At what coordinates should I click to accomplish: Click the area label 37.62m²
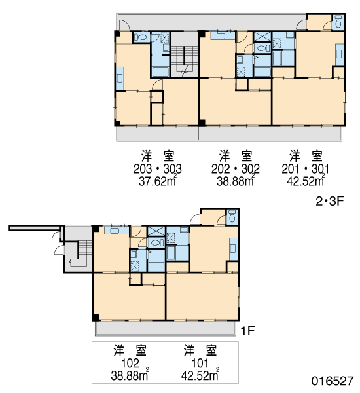tap(158, 181)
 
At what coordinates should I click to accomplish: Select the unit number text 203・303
tap(157, 169)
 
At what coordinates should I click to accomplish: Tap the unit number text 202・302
tap(235, 169)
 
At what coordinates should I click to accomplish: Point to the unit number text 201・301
tap(305, 169)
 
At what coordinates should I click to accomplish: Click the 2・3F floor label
tap(329, 201)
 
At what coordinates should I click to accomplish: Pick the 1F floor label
tap(248, 331)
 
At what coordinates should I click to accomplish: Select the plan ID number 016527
tap(333, 381)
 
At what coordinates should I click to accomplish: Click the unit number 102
tap(130, 363)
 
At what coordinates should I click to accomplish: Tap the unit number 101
tap(200, 363)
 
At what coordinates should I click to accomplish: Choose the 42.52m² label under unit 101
tap(200, 375)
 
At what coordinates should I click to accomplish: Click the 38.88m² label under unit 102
tap(130, 375)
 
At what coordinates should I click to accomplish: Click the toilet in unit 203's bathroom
tap(140, 37)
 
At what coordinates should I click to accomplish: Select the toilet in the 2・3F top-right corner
tap(338, 22)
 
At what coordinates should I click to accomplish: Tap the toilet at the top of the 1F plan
tap(232, 216)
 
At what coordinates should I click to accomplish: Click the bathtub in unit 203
tap(160, 71)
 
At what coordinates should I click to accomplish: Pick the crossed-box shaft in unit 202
tap(262, 37)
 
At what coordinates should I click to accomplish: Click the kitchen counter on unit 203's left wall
tap(120, 79)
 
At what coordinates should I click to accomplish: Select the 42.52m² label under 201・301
tap(306, 181)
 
